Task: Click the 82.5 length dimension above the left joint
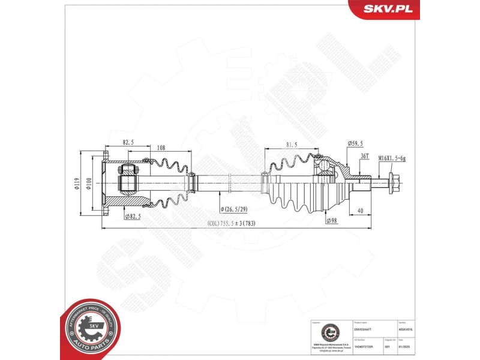click(x=128, y=143)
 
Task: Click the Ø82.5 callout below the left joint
click(x=132, y=216)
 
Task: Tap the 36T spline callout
click(x=364, y=156)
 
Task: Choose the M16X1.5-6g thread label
click(x=392, y=158)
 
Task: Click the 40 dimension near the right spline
click(x=359, y=210)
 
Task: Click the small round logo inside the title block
click(x=329, y=332)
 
